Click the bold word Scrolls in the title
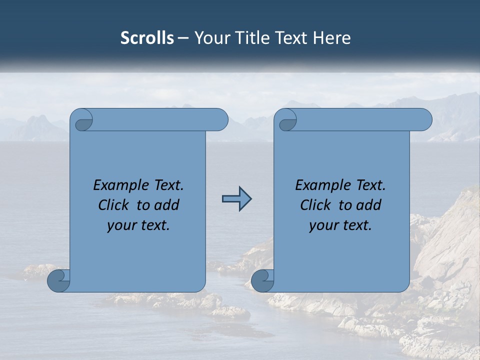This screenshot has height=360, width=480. (147, 38)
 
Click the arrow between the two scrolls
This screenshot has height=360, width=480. (236, 199)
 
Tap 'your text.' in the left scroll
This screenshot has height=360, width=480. (138, 225)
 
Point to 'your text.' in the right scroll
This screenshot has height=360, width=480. (340, 225)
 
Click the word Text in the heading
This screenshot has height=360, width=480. (290, 38)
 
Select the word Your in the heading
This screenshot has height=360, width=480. (210, 38)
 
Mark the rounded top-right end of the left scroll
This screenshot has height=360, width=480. (220, 120)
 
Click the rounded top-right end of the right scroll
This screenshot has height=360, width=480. (424, 120)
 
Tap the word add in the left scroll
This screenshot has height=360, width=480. (167, 205)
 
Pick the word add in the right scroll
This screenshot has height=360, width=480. (369, 205)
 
